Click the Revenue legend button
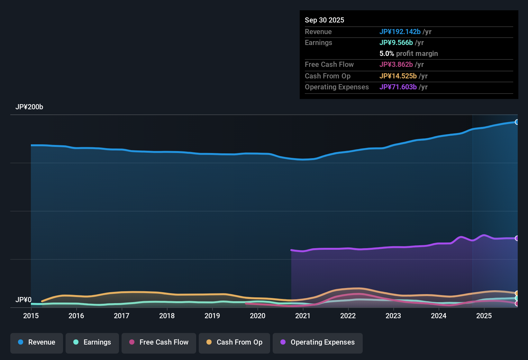point(37,342)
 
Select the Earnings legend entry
point(92,342)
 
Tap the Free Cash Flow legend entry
point(159,342)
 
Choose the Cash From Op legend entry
point(234,342)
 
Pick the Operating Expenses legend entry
point(318,342)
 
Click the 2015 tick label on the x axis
point(31,316)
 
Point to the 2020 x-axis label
point(258,316)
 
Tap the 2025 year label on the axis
point(484,316)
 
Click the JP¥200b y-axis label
point(29,107)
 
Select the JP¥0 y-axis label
point(23,300)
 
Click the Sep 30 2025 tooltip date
point(324,20)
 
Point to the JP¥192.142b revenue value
point(400,32)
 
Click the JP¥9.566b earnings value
point(396,43)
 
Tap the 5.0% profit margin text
point(408,54)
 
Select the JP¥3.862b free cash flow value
point(396,65)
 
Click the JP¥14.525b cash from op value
point(398,76)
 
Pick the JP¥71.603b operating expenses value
point(398,87)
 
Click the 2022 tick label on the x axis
point(348,316)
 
